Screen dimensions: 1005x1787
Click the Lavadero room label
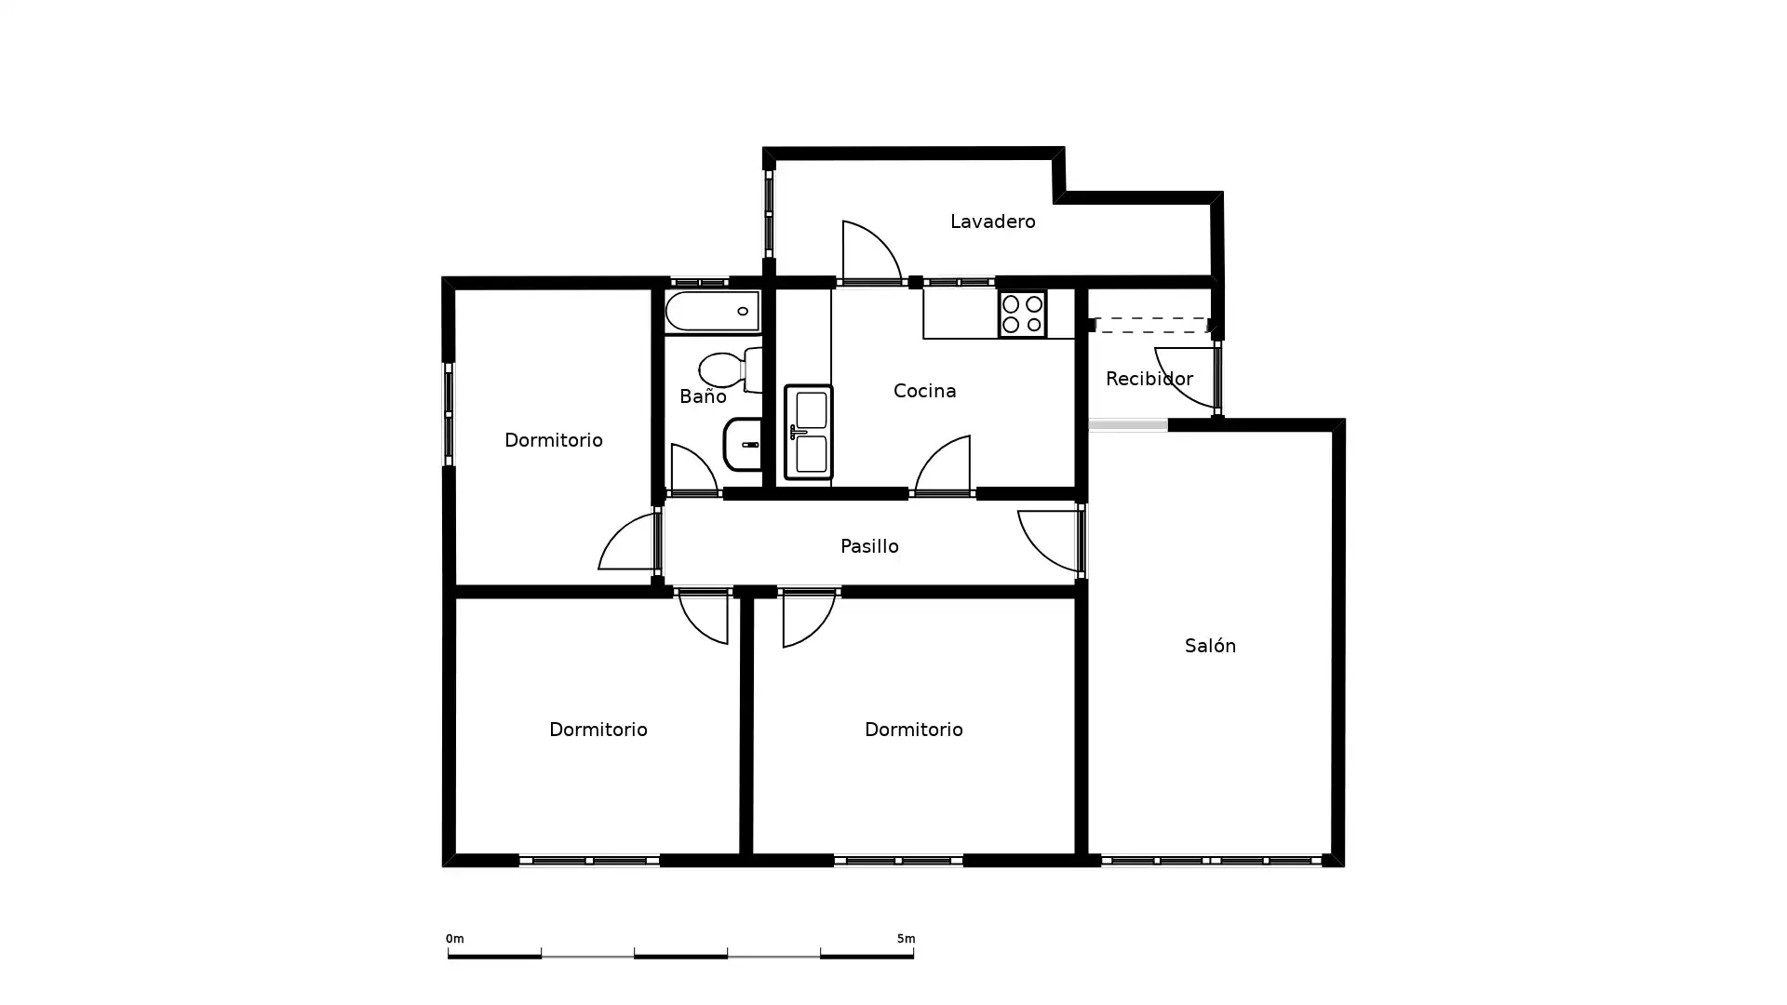click(992, 221)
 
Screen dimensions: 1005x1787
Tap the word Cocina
click(924, 391)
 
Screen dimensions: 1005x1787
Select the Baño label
click(703, 397)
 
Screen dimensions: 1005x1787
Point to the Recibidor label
click(1149, 379)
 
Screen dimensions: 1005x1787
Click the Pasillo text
click(869, 546)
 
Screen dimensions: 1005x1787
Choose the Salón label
click(1210, 646)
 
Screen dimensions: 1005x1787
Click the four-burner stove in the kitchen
click(1022, 314)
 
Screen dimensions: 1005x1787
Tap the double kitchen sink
click(808, 432)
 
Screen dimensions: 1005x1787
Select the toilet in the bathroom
click(732, 369)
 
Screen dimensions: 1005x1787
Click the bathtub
click(713, 311)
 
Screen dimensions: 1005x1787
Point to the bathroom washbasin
click(743, 445)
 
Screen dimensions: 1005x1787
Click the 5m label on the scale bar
click(906, 939)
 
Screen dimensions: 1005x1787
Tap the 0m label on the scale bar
click(454, 939)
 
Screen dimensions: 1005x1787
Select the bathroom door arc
click(692, 469)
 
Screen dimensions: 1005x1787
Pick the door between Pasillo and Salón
click(1049, 540)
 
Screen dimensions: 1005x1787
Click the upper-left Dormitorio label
click(553, 440)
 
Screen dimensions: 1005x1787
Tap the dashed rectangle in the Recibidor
click(1152, 326)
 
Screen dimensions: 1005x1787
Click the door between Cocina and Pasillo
click(944, 465)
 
